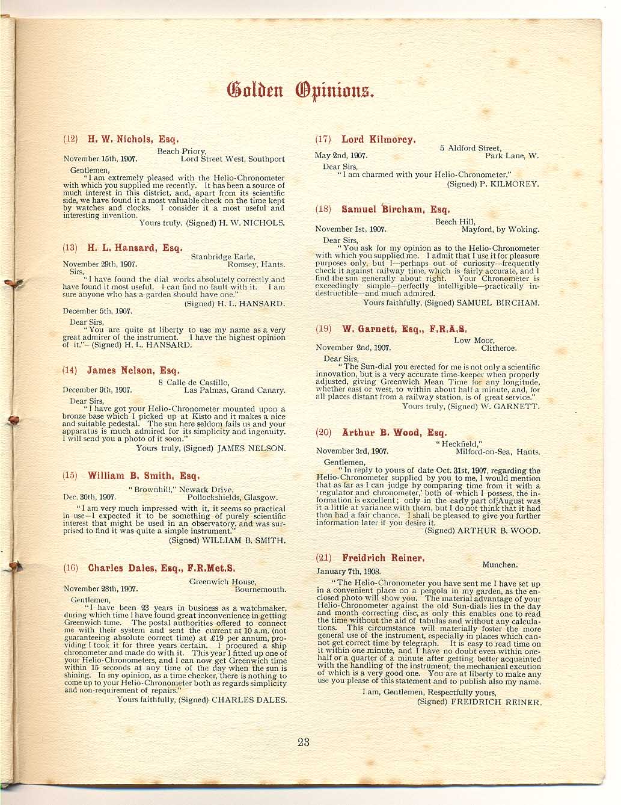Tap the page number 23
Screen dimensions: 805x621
click(x=303, y=742)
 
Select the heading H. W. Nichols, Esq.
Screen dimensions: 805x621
click(x=133, y=139)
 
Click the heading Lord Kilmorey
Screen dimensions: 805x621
click(x=378, y=140)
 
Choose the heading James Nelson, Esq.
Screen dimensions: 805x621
click(x=133, y=371)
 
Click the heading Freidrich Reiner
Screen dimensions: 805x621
click(x=383, y=558)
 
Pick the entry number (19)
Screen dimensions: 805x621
click(x=323, y=329)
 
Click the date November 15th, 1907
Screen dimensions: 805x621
click(x=100, y=159)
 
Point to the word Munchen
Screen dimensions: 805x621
click(x=500, y=565)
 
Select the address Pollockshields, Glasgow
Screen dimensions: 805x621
click(x=233, y=498)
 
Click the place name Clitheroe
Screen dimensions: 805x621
click(x=498, y=348)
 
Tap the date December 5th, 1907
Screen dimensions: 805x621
click(x=97, y=312)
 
